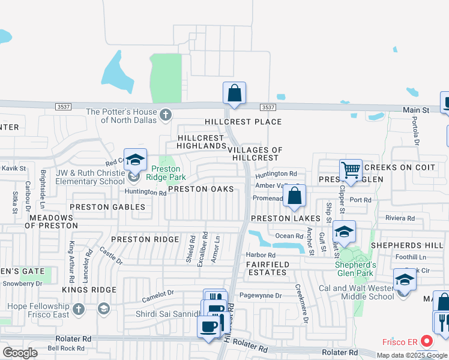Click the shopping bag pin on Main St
234,94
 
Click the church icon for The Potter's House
166,113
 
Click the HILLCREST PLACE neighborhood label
243,122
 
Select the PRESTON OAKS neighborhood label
200,189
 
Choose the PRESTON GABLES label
107,207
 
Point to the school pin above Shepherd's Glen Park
344,232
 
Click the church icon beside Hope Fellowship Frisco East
77,310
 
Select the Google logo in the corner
20,353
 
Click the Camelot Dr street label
157,295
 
